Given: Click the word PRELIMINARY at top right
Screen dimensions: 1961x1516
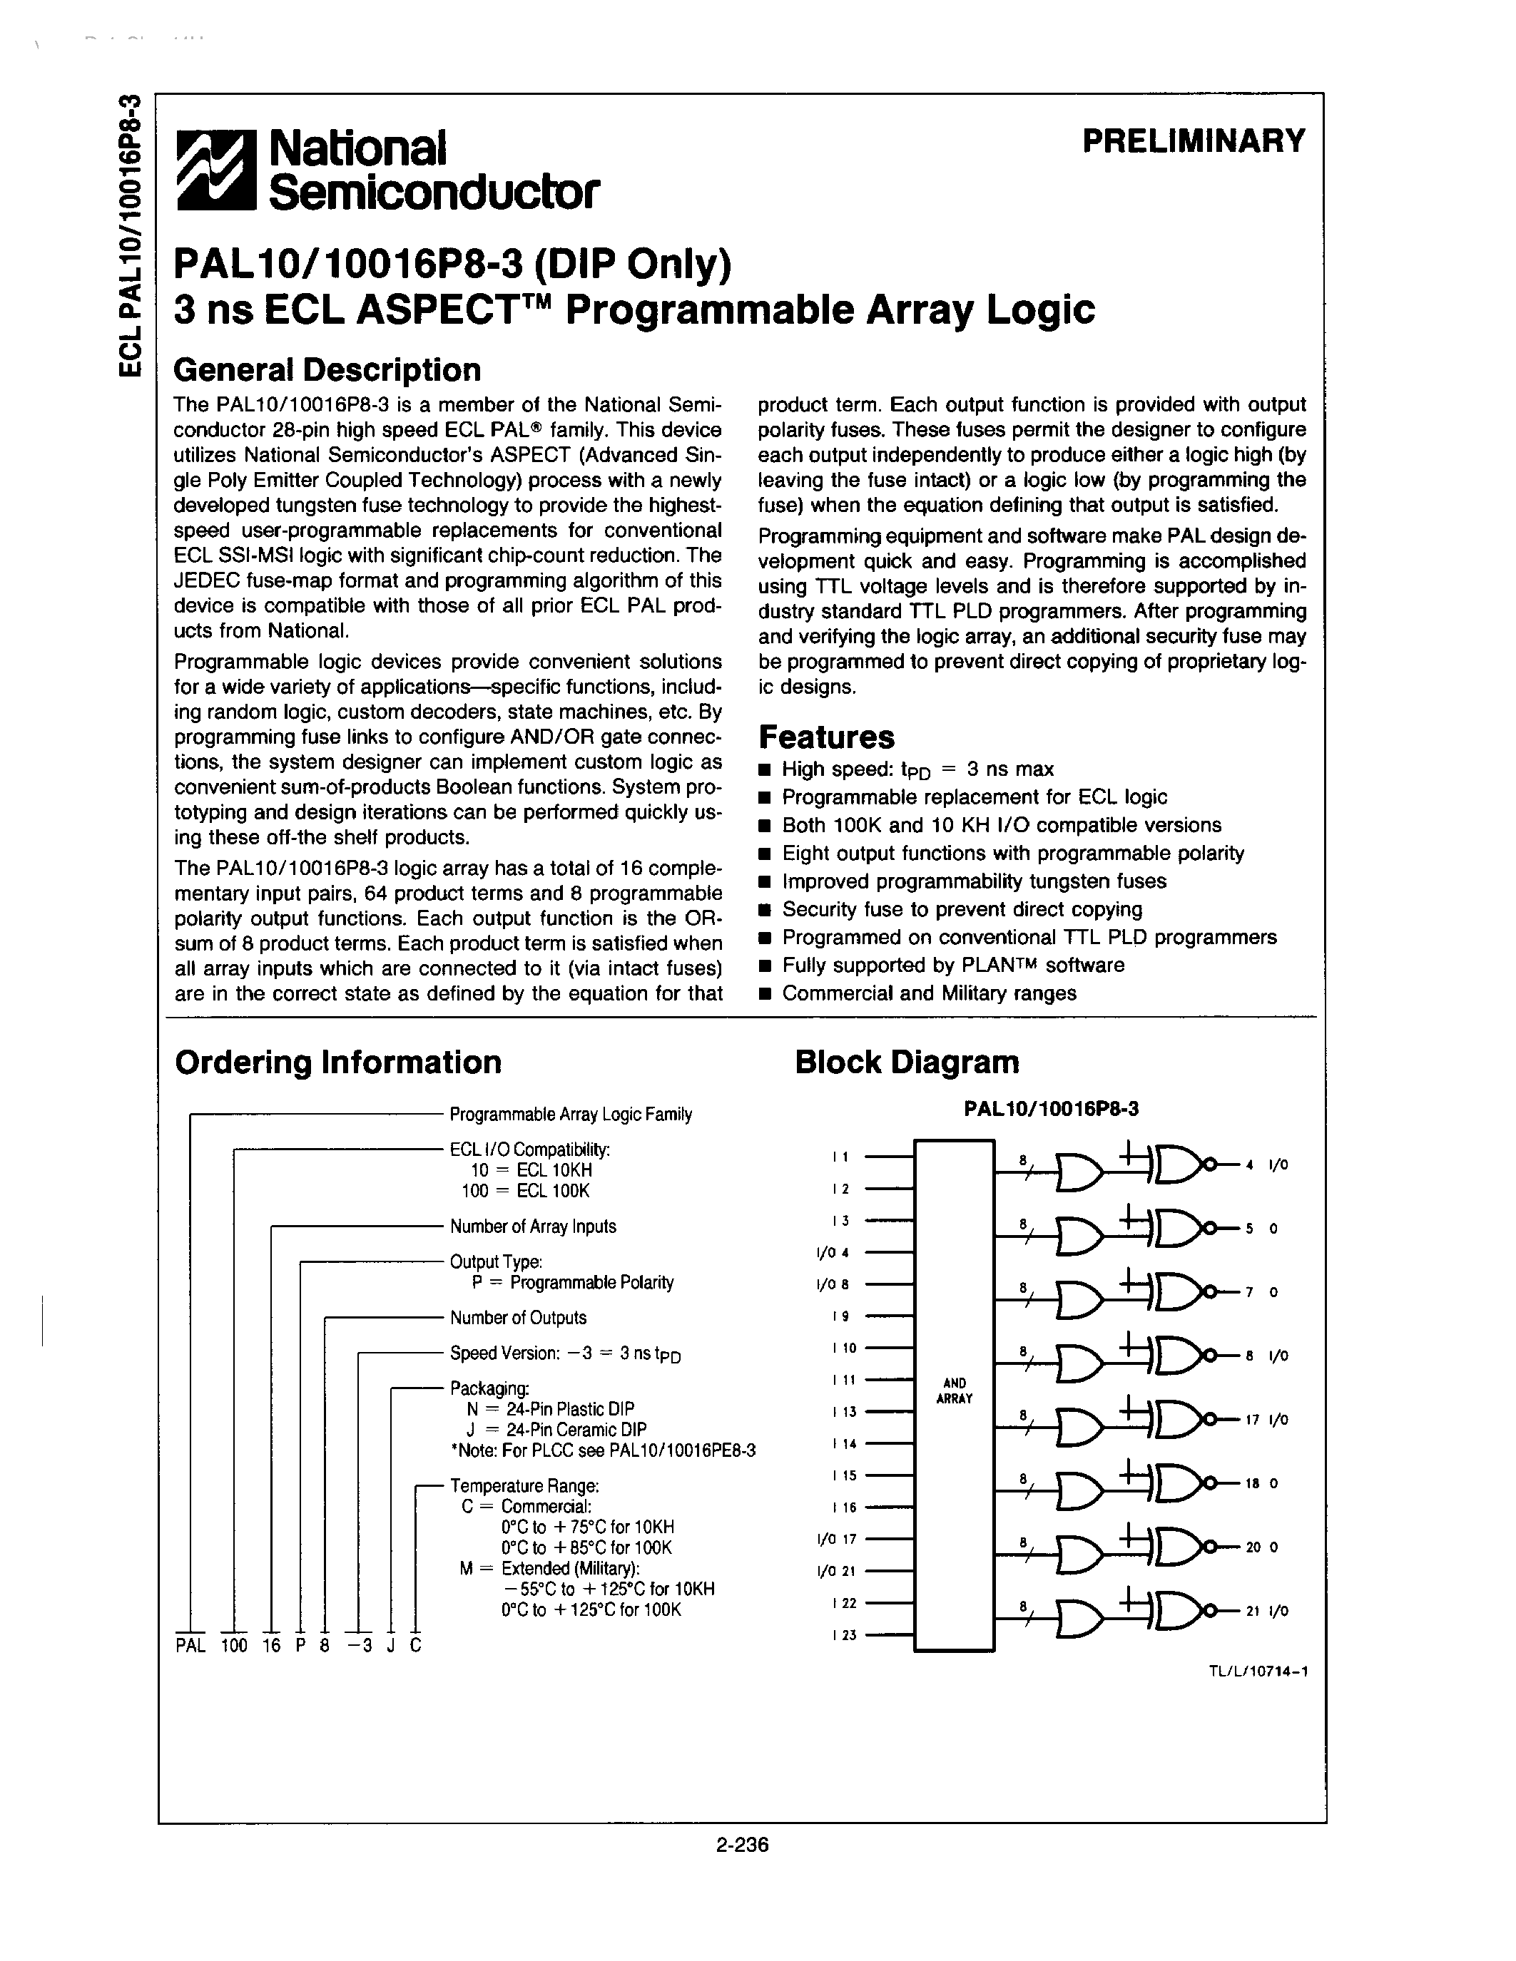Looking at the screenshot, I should click(x=1193, y=141).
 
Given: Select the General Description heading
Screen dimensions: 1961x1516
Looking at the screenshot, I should click(x=327, y=369).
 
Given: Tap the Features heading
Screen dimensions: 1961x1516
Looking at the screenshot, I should click(x=826, y=737).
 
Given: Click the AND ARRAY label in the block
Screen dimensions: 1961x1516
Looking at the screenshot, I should click(x=954, y=1391).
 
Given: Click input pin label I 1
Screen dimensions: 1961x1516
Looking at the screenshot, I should click(x=840, y=1157).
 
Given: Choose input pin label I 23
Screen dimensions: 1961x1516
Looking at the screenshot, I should click(x=843, y=1635).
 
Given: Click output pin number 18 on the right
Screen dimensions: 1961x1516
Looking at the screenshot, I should click(x=1252, y=1483).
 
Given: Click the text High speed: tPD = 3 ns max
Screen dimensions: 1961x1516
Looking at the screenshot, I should click(x=917, y=769).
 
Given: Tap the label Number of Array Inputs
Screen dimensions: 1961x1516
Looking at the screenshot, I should click(x=533, y=1227).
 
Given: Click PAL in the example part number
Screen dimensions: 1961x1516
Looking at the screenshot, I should click(x=190, y=1646).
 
